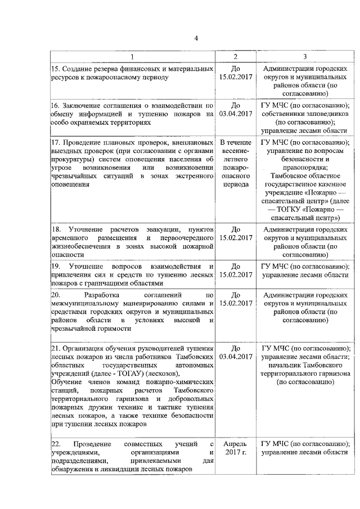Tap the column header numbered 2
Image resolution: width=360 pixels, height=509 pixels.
(236, 57)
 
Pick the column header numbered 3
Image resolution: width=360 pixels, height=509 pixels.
(304, 57)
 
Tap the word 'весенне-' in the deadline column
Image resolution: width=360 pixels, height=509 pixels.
(236, 151)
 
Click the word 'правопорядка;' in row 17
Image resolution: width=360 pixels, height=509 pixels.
(304, 167)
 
